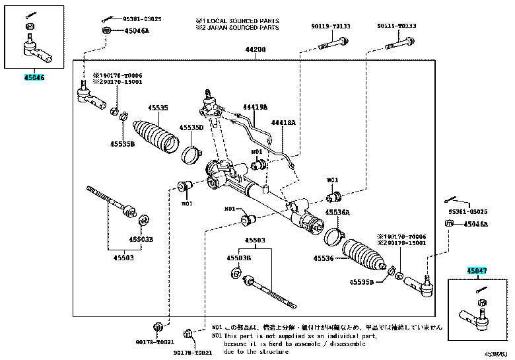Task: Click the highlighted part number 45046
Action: tap(34, 77)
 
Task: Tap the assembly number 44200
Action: tap(256, 50)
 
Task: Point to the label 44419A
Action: tap(255, 106)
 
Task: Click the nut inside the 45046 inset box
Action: tap(29, 26)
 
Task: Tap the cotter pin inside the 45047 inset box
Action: tap(480, 290)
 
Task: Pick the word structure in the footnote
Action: tap(272, 352)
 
